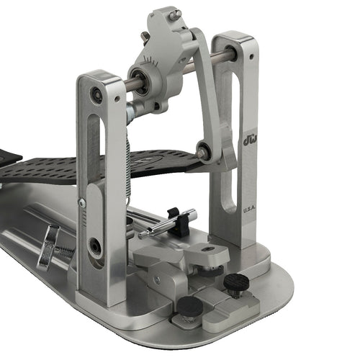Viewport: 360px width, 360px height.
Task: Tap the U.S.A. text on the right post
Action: click(x=249, y=211)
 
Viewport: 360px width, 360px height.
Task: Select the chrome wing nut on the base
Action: click(x=48, y=246)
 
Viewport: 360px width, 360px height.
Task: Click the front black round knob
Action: click(x=190, y=306)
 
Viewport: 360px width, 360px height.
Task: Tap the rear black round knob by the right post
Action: click(x=236, y=282)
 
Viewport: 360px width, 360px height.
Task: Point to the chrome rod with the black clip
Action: click(x=168, y=222)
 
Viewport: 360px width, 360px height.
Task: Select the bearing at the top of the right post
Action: click(x=231, y=52)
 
